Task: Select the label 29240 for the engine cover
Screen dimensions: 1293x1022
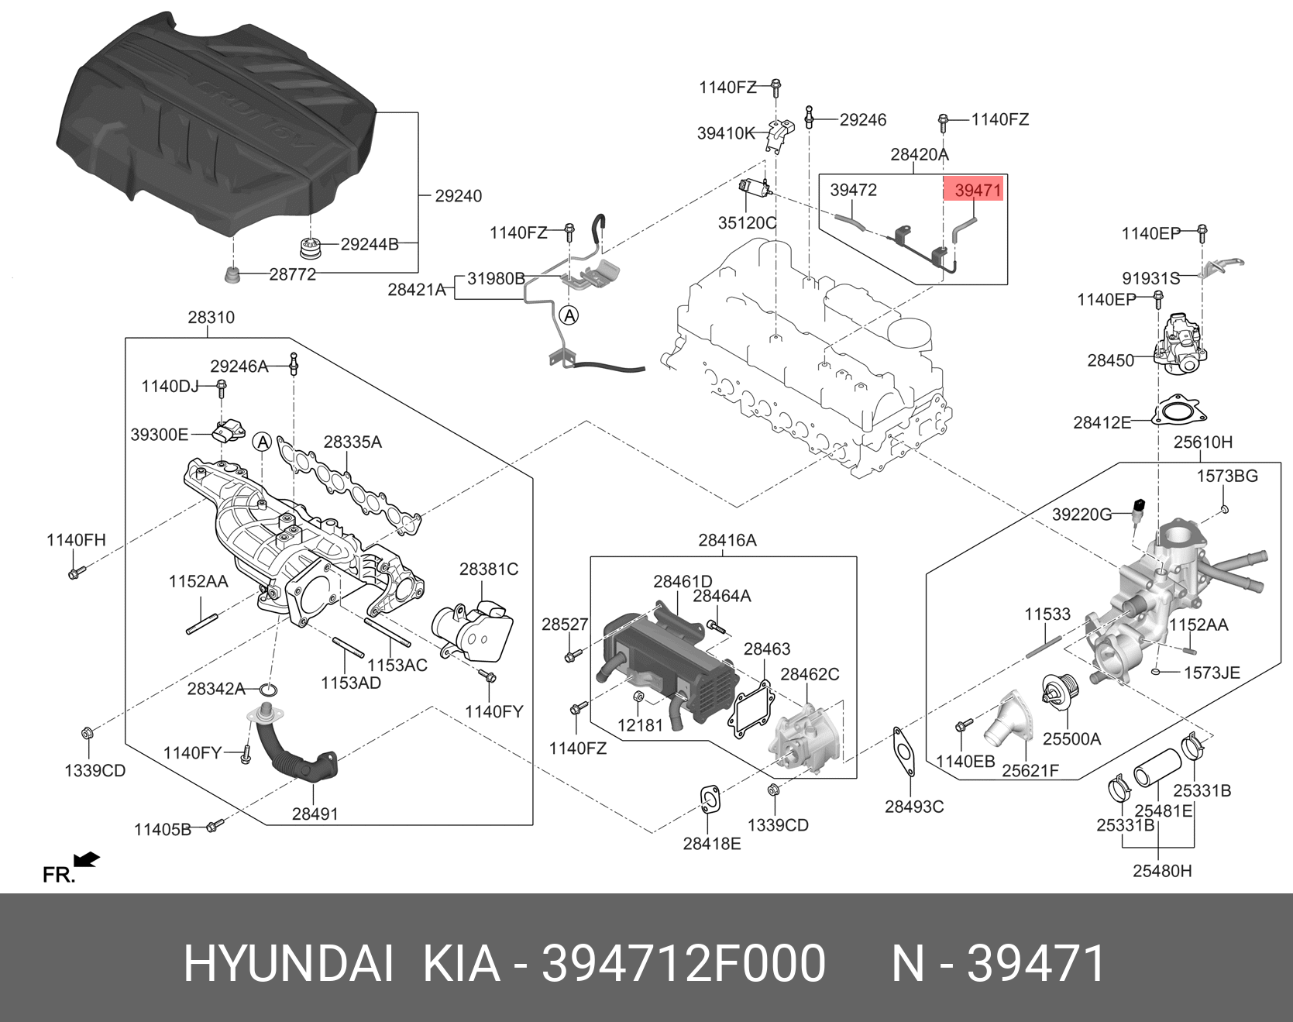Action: point(458,196)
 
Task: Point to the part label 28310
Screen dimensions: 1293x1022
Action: point(211,317)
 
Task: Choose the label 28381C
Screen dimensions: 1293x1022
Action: point(488,569)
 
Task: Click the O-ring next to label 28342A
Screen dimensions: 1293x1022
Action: point(269,690)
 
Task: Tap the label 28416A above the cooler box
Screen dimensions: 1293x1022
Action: point(727,540)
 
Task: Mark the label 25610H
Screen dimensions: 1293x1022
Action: point(1202,442)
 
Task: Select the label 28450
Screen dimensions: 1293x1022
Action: point(1110,360)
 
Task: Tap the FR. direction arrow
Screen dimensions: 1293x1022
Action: point(87,859)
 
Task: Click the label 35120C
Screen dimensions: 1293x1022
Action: point(747,222)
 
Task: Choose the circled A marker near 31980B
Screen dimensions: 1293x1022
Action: point(569,315)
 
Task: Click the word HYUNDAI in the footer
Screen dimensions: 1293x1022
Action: point(288,964)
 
